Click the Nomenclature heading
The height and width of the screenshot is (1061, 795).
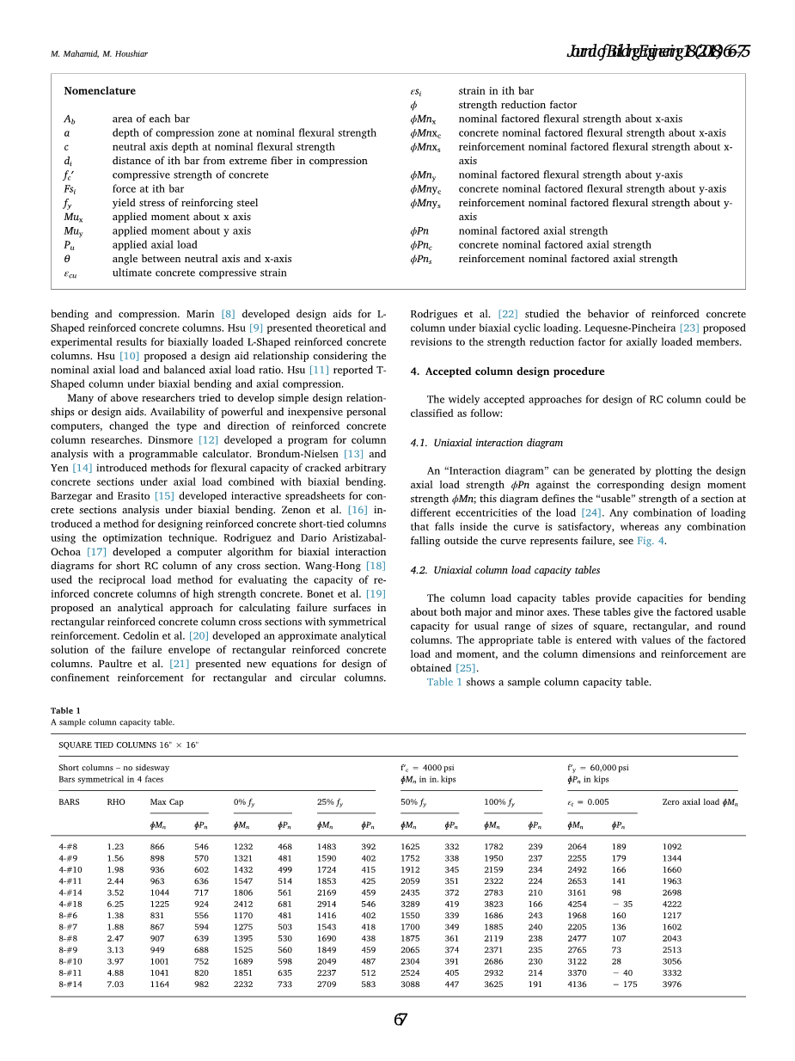[x=100, y=91]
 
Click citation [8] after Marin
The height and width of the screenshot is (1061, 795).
[x=228, y=315]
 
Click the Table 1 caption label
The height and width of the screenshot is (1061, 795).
[x=65, y=710]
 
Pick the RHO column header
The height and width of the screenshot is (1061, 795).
[x=116, y=802]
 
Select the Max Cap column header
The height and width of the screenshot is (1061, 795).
[x=167, y=802]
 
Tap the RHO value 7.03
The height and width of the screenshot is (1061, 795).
[x=115, y=984]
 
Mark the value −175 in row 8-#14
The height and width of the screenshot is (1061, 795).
[x=625, y=984]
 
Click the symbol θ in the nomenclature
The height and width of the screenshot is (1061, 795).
[x=67, y=259]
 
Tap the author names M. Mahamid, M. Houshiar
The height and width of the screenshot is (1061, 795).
[x=99, y=54]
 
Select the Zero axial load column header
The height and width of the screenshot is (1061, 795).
[x=700, y=802]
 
